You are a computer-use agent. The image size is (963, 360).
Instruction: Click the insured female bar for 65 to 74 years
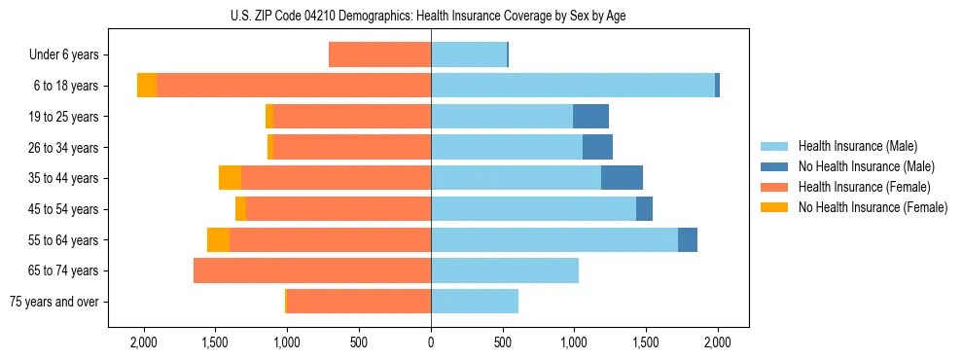click(312, 270)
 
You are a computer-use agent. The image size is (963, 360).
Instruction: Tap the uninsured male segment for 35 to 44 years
click(622, 178)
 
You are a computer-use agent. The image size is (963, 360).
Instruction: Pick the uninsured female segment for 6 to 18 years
click(147, 86)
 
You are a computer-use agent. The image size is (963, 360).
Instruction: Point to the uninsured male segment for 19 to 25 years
click(590, 117)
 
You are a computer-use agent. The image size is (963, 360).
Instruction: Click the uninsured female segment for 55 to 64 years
click(218, 239)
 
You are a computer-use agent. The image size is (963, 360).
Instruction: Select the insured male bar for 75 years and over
click(475, 302)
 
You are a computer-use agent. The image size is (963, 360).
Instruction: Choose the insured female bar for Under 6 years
click(379, 54)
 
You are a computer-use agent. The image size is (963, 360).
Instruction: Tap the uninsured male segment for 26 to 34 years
click(597, 147)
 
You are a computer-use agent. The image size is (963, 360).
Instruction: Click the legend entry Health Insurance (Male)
click(857, 146)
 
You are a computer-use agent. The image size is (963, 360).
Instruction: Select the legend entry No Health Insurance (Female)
click(873, 207)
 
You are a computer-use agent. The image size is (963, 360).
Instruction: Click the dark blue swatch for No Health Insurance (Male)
click(775, 166)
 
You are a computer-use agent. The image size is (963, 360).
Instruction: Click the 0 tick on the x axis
click(431, 342)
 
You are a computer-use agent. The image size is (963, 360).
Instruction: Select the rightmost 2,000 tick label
click(718, 342)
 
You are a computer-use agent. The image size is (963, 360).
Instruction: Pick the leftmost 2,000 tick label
click(143, 342)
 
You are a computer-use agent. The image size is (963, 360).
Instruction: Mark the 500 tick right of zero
click(503, 342)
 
